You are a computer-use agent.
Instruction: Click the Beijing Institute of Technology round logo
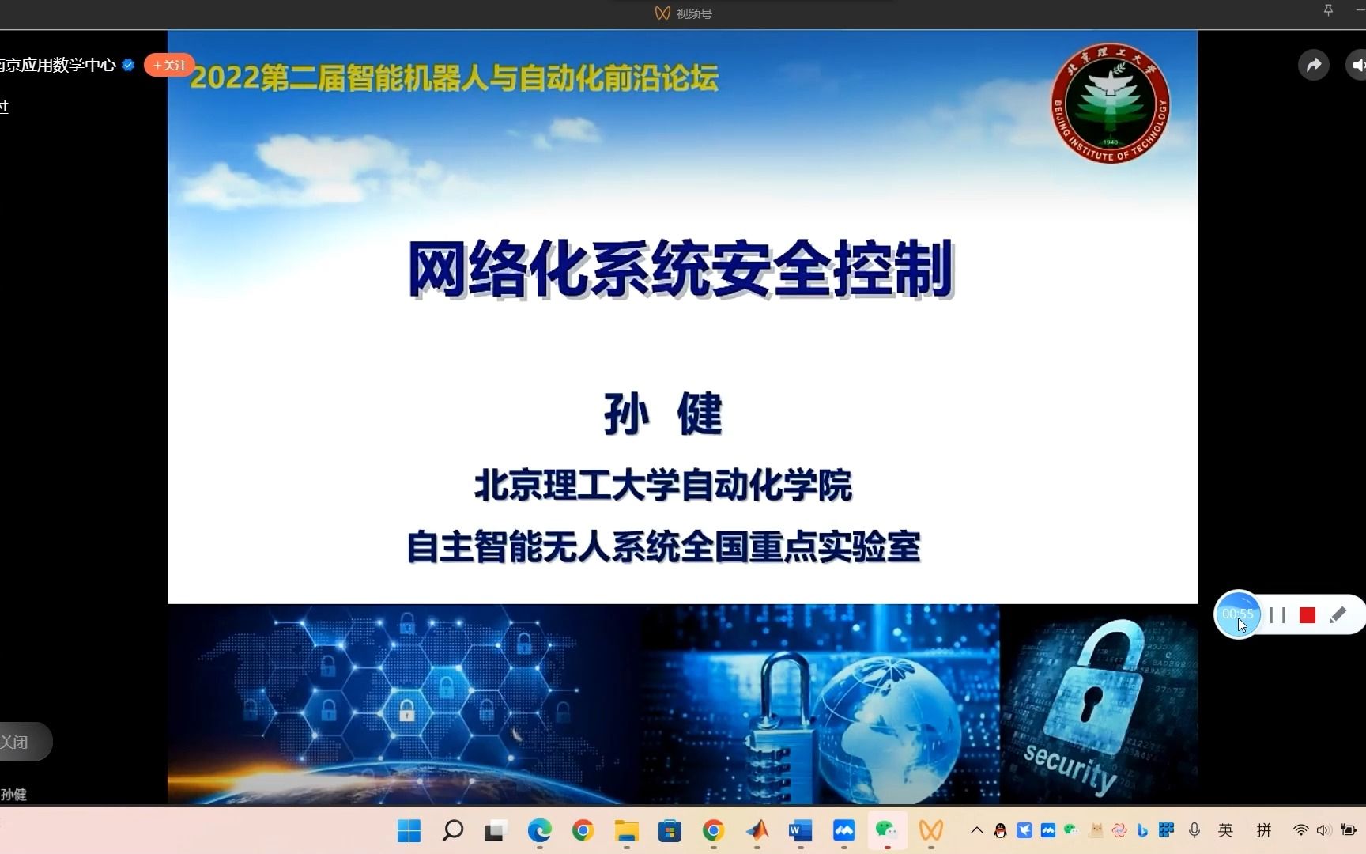(1110, 104)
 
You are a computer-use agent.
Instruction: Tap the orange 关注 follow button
(170, 66)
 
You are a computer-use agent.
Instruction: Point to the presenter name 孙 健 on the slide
(662, 414)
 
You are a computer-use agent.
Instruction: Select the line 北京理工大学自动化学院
(662, 486)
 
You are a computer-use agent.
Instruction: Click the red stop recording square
(1307, 615)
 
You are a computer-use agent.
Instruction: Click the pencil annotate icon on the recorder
(1338, 615)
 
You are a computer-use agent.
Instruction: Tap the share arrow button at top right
(1313, 66)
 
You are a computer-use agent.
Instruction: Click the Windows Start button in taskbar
(409, 830)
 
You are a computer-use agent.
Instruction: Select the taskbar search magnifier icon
(453, 830)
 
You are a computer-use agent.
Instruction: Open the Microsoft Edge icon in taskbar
(539, 830)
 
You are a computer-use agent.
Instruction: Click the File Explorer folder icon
(626, 830)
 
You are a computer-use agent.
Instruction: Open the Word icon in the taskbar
(800, 830)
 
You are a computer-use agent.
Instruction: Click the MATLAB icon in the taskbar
(757, 830)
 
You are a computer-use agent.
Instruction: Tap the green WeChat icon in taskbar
(886, 830)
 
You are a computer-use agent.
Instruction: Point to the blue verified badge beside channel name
(128, 66)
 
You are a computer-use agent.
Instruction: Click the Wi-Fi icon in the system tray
(1300, 830)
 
